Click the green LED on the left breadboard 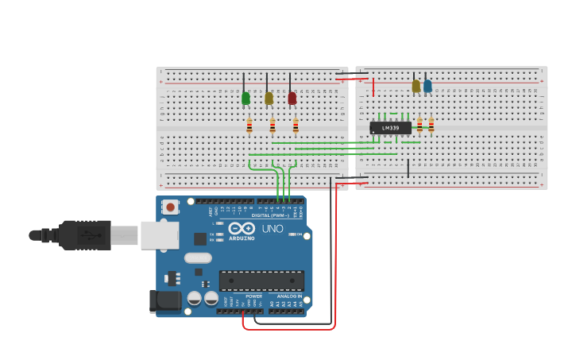(245, 99)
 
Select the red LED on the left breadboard (292, 99)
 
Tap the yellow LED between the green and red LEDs (269, 99)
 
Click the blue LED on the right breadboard (427, 86)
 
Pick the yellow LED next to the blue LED (416, 86)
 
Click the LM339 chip (390, 128)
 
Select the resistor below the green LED (249, 126)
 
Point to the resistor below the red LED (296, 126)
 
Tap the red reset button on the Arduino (170, 207)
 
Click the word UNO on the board (273, 229)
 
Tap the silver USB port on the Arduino (160, 235)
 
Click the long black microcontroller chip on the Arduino (261, 281)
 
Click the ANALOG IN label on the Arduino (284, 296)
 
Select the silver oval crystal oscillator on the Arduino (198, 257)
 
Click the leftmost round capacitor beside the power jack (194, 299)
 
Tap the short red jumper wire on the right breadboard (373, 87)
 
